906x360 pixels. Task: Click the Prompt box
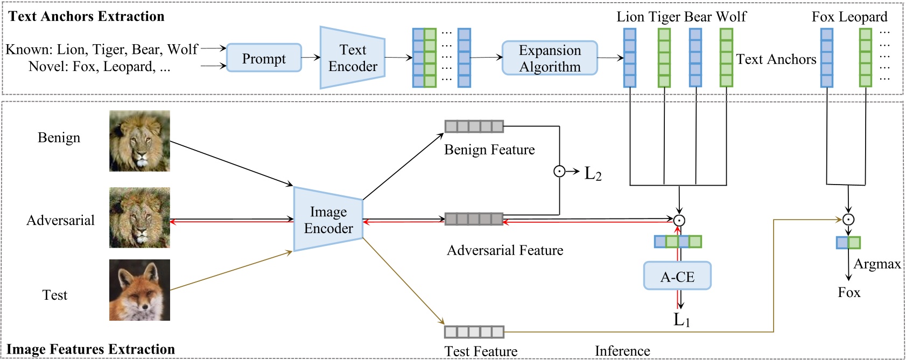264,58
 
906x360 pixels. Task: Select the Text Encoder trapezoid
353,58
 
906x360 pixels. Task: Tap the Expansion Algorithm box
550,58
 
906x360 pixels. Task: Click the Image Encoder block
328,220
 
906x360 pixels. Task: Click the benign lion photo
139,141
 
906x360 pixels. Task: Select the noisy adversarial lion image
139,217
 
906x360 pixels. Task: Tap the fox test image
139,290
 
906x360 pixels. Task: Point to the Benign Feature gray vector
474,126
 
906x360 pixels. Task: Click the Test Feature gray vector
474,331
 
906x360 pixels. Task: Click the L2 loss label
593,173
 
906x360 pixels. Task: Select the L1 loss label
682,320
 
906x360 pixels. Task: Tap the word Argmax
877,264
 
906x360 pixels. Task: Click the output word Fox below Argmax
849,293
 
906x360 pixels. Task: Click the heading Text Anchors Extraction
86,16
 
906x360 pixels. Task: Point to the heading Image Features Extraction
90,349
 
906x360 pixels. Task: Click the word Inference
622,351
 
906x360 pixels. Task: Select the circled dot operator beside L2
559,172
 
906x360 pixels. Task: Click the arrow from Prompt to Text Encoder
311,58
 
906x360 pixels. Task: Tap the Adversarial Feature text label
505,250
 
